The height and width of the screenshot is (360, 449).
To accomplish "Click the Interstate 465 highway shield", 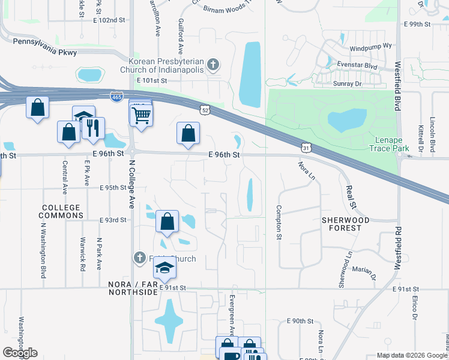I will tap(118, 97).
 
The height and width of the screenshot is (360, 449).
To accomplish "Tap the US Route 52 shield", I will tap(206, 109).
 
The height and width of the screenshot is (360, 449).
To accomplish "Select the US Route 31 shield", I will tap(306, 146).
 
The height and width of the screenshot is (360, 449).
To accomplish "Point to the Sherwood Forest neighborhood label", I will tap(350, 224).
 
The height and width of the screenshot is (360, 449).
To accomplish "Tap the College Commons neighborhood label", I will tap(61, 211).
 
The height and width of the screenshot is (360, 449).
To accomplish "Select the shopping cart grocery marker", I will tap(140, 114).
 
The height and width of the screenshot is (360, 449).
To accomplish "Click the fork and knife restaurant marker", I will tap(92, 128).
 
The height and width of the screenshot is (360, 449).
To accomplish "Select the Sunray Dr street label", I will tap(349, 83).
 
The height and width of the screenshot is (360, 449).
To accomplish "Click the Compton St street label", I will tap(279, 223).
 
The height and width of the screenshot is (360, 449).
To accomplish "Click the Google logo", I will tap(20, 353).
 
